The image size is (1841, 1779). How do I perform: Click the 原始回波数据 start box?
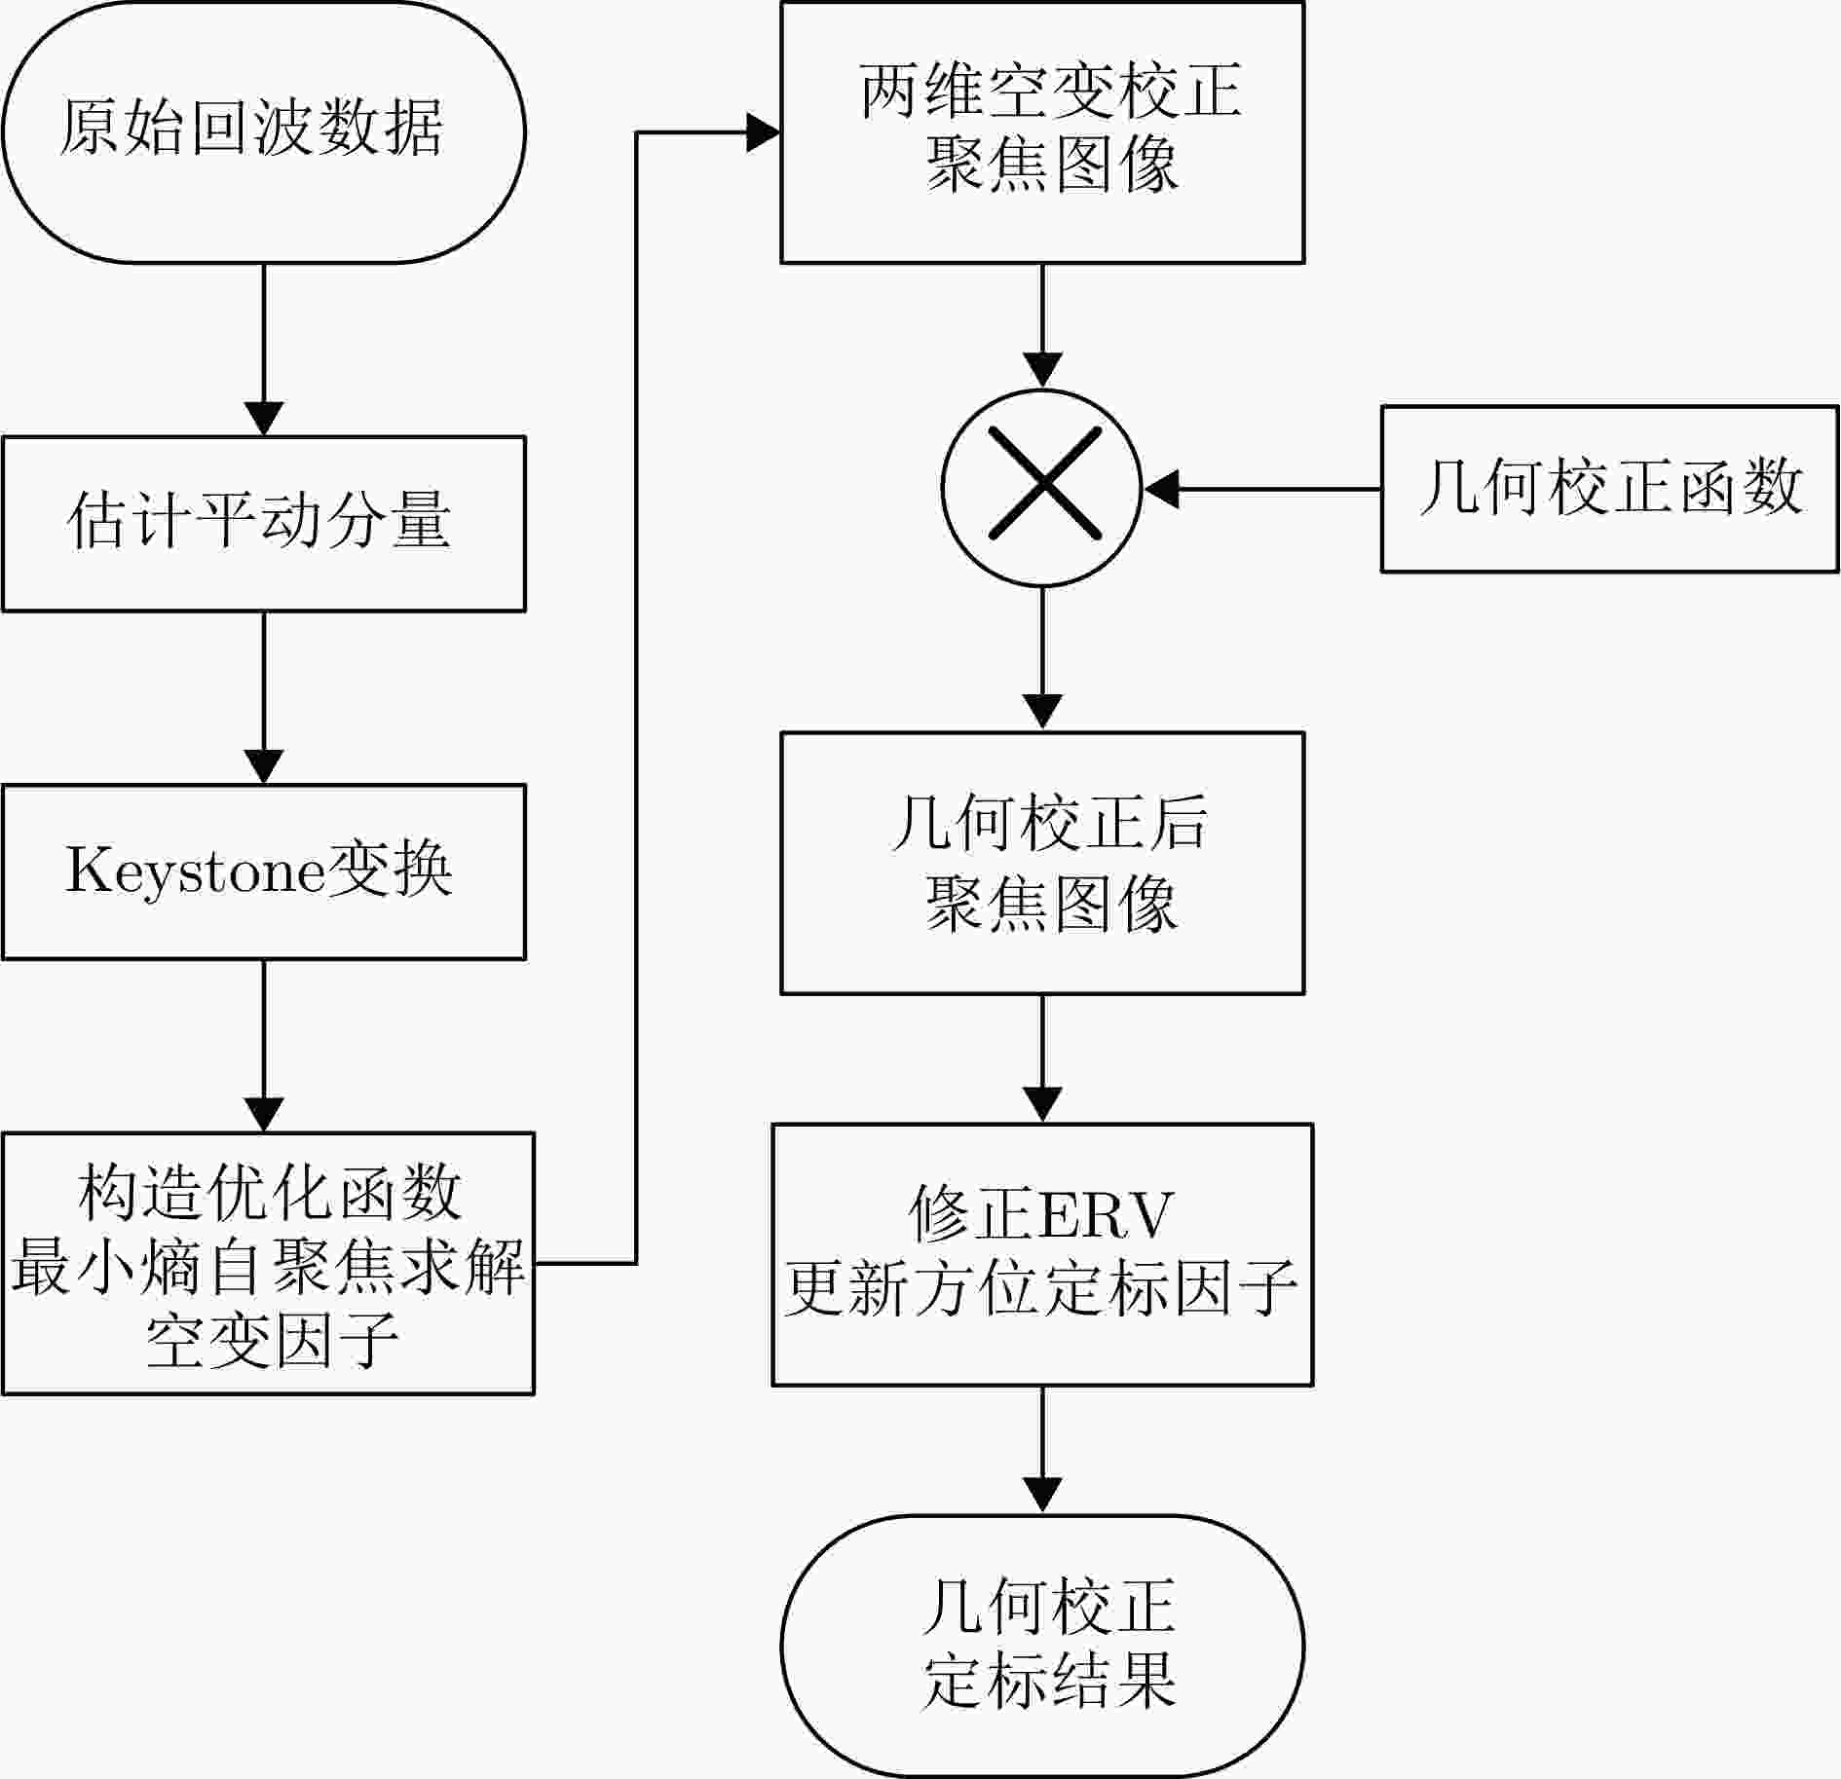(264, 131)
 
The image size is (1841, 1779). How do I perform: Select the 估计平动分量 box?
(264, 524)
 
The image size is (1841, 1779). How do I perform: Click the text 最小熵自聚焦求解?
(268, 1266)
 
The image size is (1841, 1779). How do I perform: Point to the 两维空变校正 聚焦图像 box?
(1042, 131)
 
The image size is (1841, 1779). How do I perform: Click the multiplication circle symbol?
(1042, 488)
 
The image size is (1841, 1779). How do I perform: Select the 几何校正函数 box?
(1610, 489)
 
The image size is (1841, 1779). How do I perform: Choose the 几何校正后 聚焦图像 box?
(1042, 864)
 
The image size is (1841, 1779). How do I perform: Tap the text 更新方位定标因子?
(1041, 1288)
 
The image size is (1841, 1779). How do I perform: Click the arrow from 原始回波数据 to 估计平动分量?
(264, 350)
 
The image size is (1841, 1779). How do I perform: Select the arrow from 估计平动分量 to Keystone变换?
(264, 698)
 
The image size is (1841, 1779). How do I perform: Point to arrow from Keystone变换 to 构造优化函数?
(264, 1046)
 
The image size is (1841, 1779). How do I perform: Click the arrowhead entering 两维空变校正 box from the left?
(763, 132)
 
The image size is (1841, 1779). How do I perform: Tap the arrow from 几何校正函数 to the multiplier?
(1261, 489)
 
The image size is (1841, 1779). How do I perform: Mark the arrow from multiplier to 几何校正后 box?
(1042, 659)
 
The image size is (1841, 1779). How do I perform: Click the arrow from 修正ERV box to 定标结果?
(1042, 1450)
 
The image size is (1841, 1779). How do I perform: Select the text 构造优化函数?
(269, 1192)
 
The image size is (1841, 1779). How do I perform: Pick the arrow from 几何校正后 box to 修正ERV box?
(1042, 1059)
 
